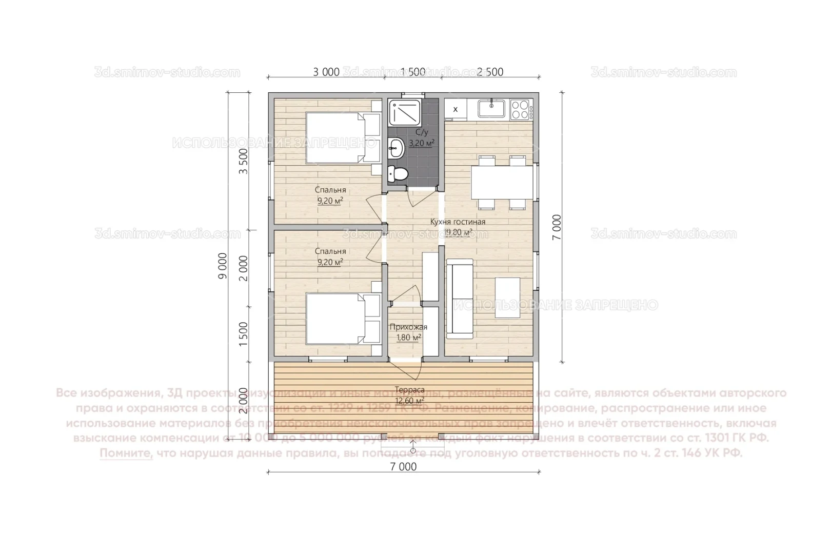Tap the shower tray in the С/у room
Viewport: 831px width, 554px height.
405,112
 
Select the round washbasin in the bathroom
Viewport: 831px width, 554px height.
397,149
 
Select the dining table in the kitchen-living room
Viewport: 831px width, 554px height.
502,182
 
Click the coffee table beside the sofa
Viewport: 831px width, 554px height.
507,298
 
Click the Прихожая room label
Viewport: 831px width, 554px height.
408,327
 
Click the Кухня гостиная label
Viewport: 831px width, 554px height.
458,222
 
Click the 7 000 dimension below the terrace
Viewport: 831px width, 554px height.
403,467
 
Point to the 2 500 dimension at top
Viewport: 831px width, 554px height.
490,72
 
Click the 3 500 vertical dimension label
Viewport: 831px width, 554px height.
244,161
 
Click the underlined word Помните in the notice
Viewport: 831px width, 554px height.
126,453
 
